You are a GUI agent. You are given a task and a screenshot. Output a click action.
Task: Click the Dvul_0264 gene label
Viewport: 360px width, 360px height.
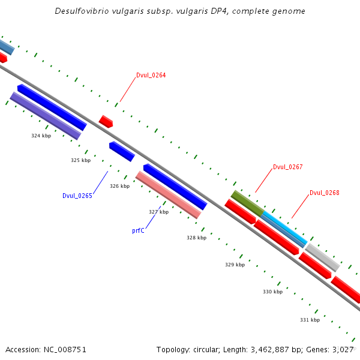click(x=151, y=76)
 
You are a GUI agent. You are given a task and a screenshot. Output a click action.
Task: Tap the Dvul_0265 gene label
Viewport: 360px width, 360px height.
click(x=77, y=196)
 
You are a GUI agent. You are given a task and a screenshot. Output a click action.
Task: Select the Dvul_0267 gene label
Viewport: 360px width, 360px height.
click(x=287, y=167)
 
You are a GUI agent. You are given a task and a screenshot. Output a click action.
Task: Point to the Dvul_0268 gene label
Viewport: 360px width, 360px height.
click(x=325, y=193)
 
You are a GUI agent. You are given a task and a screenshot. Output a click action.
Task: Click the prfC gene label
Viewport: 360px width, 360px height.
click(x=138, y=230)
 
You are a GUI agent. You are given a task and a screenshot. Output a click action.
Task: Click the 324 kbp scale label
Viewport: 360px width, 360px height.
click(x=41, y=136)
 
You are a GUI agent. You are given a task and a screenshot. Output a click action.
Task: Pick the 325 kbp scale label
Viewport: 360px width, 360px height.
click(x=80, y=160)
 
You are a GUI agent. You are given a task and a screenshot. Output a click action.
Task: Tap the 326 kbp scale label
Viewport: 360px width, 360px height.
click(x=119, y=186)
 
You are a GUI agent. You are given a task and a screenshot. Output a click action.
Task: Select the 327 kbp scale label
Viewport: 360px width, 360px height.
click(x=158, y=212)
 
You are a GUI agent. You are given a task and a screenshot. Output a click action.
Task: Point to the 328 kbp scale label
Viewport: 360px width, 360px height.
click(x=196, y=238)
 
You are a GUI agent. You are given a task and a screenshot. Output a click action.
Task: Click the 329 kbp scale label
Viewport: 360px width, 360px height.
click(x=235, y=265)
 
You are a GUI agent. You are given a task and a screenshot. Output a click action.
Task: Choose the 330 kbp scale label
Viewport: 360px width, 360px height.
click(x=272, y=292)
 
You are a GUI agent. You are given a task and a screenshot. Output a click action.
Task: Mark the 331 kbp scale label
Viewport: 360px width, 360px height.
click(x=310, y=320)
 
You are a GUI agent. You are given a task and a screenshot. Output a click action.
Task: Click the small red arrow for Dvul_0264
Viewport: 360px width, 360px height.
click(x=106, y=121)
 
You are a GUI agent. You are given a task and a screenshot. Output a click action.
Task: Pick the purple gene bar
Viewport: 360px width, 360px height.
click(x=46, y=116)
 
